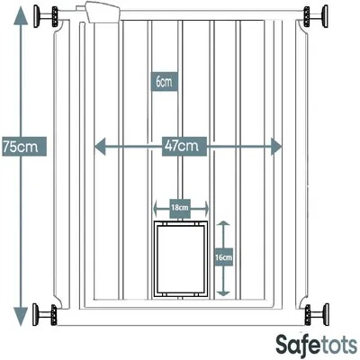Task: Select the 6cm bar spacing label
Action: (x=164, y=82)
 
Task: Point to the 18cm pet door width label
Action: (x=180, y=208)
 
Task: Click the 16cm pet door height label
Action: (x=224, y=257)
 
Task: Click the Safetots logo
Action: (x=317, y=346)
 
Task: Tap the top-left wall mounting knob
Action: (x=46, y=16)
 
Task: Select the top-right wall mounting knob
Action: (x=316, y=16)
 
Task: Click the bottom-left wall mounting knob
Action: (x=45, y=314)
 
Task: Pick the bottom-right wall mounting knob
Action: (x=317, y=314)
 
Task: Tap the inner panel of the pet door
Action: (x=181, y=259)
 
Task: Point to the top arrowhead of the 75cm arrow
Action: (x=20, y=15)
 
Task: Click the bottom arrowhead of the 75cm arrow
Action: (x=20, y=316)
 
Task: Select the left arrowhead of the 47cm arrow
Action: (x=100, y=147)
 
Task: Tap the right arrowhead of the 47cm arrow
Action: (x=276, y=147)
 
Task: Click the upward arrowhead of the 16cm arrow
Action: (x=224, y=223)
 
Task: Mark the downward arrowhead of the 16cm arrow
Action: (x=223, y=293)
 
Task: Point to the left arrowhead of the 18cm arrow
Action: (x=155, y=208)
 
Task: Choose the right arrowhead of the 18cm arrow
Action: (x=206, y=208)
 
